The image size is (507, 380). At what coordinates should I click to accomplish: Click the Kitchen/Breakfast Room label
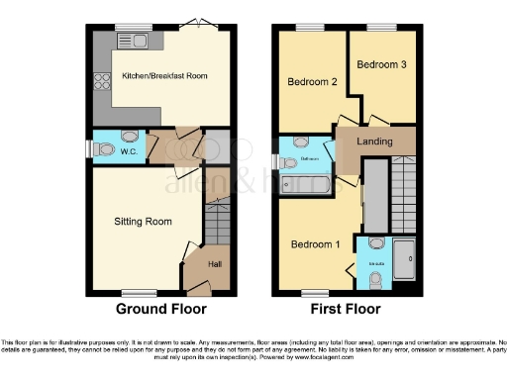[x=164, y=76]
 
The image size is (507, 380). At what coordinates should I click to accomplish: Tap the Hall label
[x=215, y=263]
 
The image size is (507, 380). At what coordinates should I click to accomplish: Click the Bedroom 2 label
[x=308, y=81]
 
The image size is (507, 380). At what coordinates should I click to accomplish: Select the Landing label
[x=374, y=142]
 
